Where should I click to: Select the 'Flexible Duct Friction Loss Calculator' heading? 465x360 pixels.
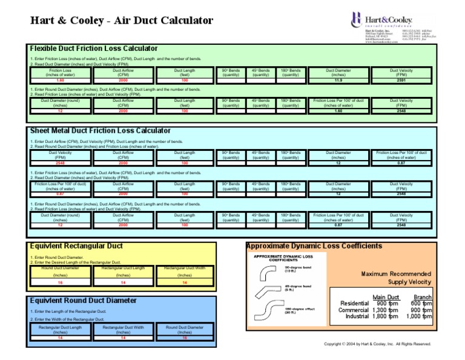click(94, 48)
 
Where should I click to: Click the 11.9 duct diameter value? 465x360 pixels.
click(338, 80)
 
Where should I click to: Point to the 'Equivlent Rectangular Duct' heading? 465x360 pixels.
click(76, 246)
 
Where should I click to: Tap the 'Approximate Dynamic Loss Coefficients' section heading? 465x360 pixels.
click(314, 246)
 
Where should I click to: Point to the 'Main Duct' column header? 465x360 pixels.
click(385, 297)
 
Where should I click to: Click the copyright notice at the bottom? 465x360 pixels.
click(378, 344)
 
